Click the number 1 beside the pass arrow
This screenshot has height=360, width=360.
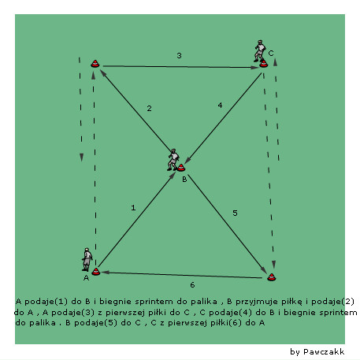point(133,208)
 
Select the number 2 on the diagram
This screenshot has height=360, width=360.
point(149,108)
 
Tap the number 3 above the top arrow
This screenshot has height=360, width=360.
point(179,55)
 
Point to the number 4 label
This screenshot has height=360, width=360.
point(220,106)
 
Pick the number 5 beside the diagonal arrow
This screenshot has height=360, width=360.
point(235,213)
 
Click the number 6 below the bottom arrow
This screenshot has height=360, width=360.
point(192,285)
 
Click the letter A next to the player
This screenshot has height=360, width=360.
point(86,278)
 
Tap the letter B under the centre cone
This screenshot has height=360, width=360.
point(184,180)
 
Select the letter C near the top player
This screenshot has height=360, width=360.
point(271,54)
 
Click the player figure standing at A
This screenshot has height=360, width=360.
point(87,259)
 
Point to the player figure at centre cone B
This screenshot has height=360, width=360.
point(173,160)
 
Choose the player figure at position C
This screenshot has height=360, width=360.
point(260,51)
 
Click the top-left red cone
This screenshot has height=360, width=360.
point(95,64)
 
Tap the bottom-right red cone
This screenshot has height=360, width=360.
point(272,277)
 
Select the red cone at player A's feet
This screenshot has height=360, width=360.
point(96,272)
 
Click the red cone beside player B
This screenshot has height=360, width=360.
point(181,168)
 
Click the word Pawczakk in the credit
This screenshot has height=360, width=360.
point(324,351)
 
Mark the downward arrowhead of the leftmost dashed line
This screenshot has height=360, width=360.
point(81,158)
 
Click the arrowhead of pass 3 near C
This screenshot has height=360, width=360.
point(255,68)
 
